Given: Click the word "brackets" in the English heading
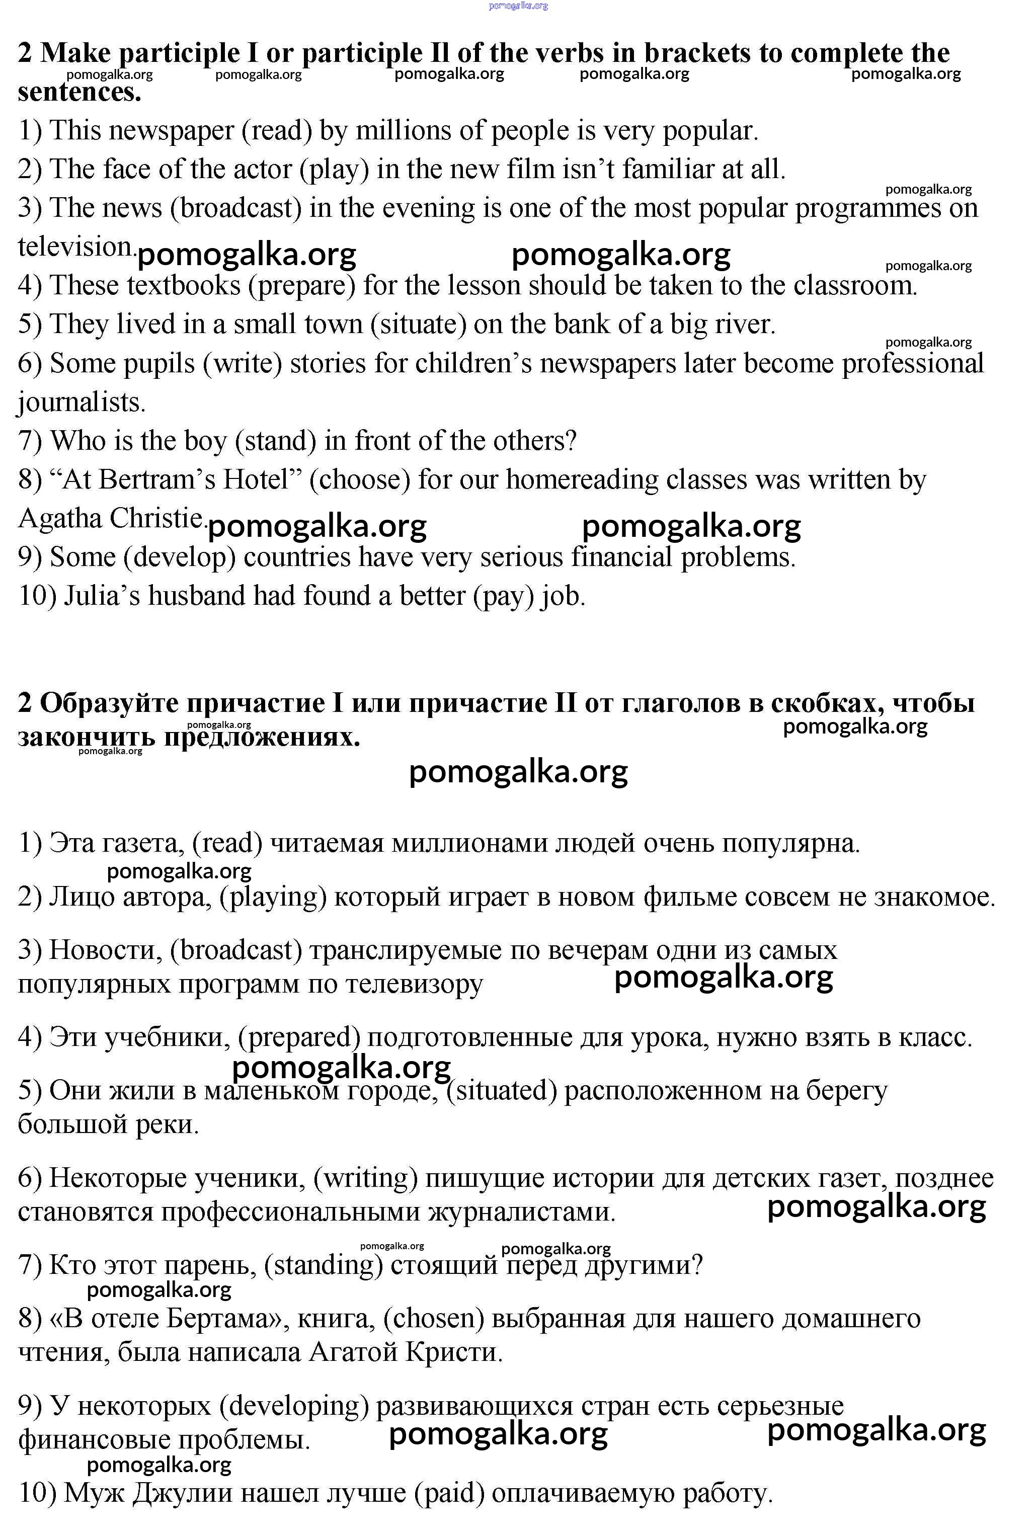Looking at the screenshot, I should coord(696,53).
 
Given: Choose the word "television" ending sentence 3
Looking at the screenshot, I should coord(75,247).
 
